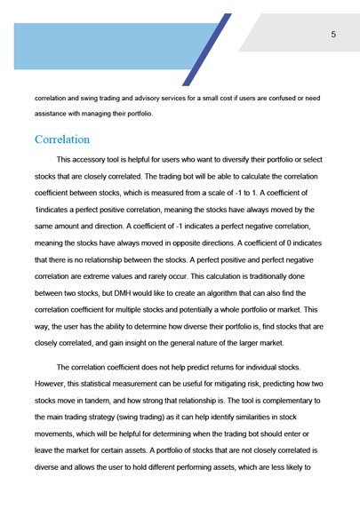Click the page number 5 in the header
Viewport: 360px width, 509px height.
pyautogui.click(x=332, y=35)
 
